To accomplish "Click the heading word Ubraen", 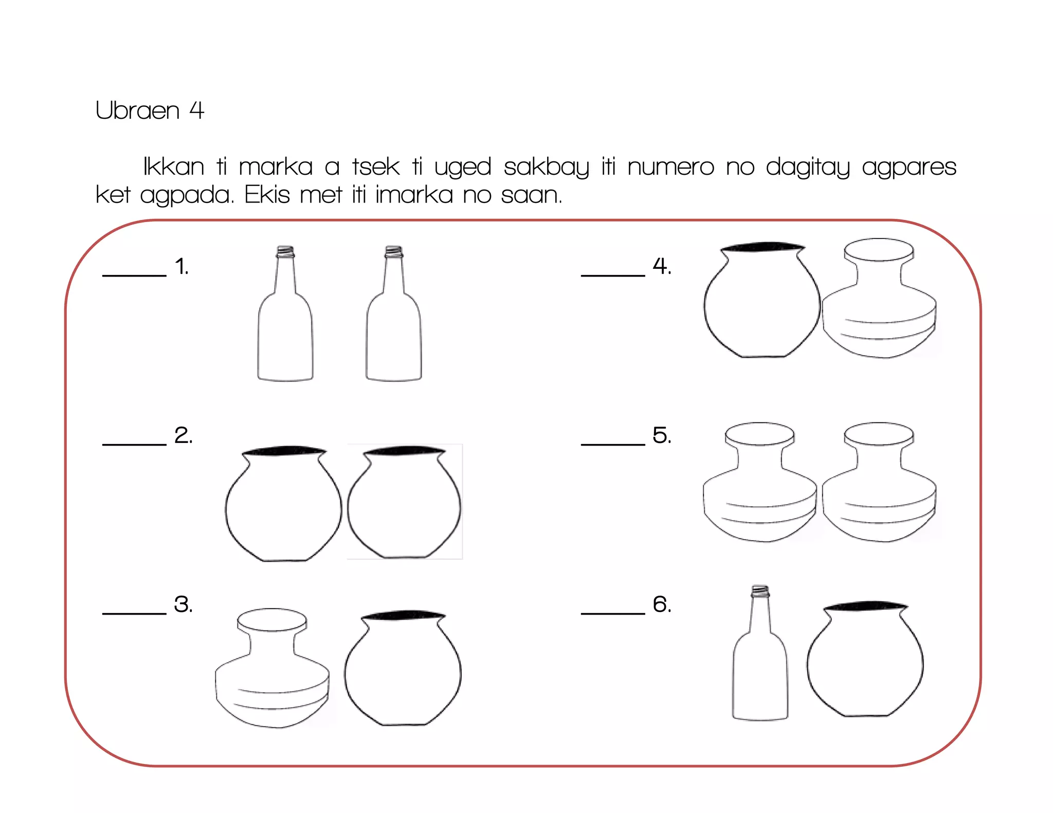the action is [137, 110].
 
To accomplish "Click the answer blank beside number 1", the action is [134, 275].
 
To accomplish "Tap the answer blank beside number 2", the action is [134, 444].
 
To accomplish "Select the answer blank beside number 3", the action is [134, 613].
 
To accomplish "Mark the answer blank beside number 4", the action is [613, 275].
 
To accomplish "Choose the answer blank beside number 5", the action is [613, 444].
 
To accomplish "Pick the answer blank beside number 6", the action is [613, 613].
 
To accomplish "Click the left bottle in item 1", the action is [285, 313].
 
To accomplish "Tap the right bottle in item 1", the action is [394, 313].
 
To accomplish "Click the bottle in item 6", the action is [760, 653].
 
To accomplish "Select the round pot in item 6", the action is [865, 659].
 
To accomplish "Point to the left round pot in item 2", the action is [283, 504].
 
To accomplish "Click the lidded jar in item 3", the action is [272, 668].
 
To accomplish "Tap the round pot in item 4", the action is [762, 300].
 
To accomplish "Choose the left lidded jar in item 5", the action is [760, 482].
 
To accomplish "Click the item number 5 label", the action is [662, 435].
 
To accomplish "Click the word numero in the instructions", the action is [670, 167].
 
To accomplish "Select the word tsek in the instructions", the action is [376, 167].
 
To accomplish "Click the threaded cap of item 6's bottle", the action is [760, 591].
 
